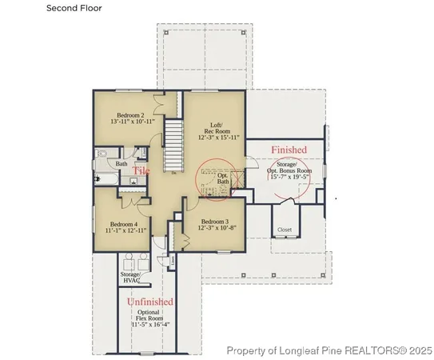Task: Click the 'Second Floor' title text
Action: pos(74,9)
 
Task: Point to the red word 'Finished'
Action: pos(288,150)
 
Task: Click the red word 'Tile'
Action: pos(141,171)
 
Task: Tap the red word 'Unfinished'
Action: pos(151,302)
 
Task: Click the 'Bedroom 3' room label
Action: pos(215,222)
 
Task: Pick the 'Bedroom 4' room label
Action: pos(124,224)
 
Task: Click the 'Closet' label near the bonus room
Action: pos(285,230)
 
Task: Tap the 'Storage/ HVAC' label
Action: pos(131,277)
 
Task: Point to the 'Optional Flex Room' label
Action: pos(149,316)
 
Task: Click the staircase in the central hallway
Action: pos(173,143)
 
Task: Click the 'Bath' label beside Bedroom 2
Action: pos(121,164)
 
